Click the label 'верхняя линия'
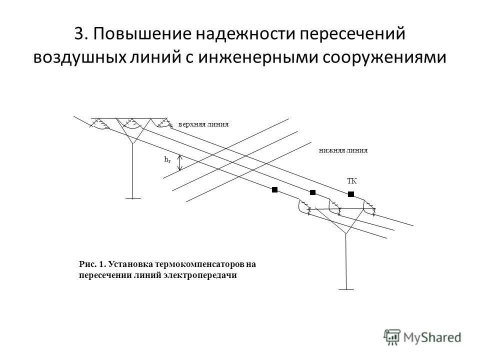203,124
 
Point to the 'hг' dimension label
167,159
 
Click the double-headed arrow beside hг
180,162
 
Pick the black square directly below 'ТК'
351,193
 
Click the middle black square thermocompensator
313,192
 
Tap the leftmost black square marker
274,189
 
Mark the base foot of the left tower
133,198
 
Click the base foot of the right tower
346,289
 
